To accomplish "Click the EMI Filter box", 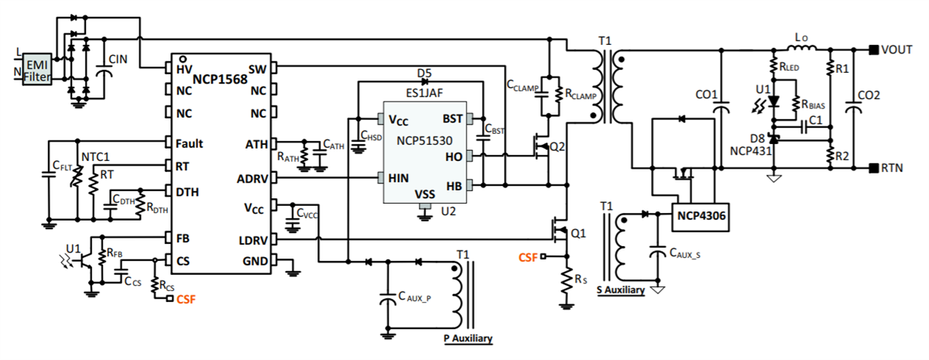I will pyautogui.click(x=37, y=69).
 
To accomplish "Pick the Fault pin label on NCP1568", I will pyautogui.click(x=189, y=143).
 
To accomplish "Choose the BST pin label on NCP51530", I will pyautogui.click(x=452, y=120).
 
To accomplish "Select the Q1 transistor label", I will pyautogui.click(x=578, y=232).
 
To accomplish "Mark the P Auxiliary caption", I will pyautogui.click(x=467, y=339).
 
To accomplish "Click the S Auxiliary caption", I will pyautogui.click(x=622, y=291).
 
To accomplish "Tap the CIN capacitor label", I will pyautogui.click(x=118, y=59).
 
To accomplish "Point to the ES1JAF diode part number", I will pyautogui.click(x=424, y=91).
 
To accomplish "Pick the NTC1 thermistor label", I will pyautogui.click(x=94, y=155).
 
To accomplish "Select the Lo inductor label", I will pyautogui.click(x=801, y=37).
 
